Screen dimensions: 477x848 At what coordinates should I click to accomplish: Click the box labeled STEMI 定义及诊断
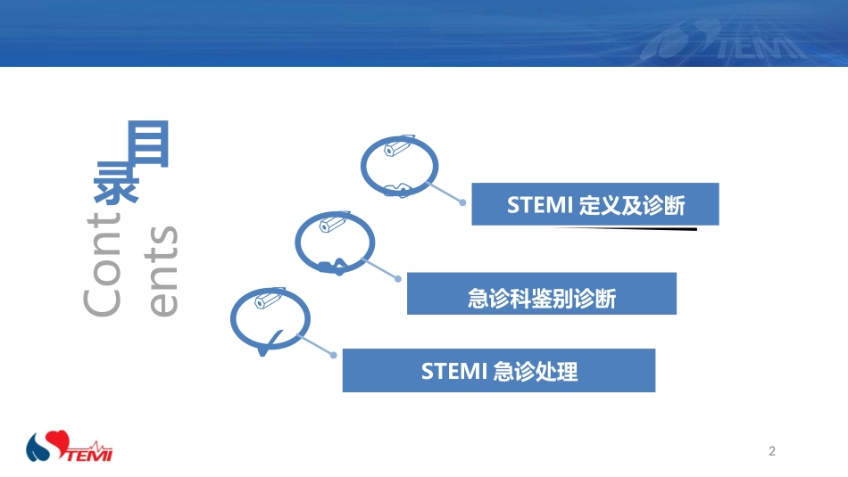point(594,204)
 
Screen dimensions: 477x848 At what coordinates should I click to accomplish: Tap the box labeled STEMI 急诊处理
point(498,370)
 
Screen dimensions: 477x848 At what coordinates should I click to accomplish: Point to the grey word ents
point(162,271)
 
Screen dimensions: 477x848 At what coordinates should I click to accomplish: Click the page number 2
point(772,451)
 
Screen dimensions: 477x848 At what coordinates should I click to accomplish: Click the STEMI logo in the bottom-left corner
point(70,447)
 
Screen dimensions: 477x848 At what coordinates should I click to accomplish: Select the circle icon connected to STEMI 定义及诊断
point(399,165)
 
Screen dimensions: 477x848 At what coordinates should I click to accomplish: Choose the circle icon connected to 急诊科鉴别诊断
point(335,240)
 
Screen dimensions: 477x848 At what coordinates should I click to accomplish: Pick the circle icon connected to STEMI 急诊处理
point(270,317)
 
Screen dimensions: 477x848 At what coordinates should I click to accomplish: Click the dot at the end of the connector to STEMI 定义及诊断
point(462,202)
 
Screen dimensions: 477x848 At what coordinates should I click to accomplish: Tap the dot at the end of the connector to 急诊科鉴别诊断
point(398,278)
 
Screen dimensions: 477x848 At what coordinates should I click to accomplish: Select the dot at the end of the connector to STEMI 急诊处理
point(334,355)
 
